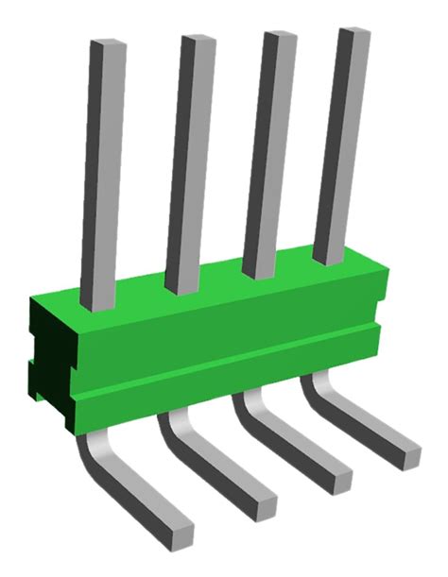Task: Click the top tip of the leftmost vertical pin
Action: click(x=107, y=45)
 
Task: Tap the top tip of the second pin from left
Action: click(x=197, y=40)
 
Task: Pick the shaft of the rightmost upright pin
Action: click(x=340, y=142)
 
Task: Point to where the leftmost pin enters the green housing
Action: click(x=96, y=304)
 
